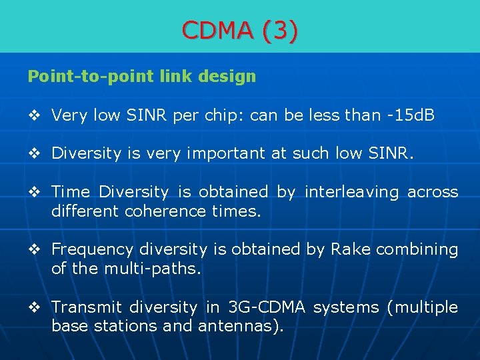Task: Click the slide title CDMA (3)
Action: coord(240,30)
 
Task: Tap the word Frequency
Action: coord(92,249)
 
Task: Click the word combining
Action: coord(417,249)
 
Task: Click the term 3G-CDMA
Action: coord(266,307)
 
